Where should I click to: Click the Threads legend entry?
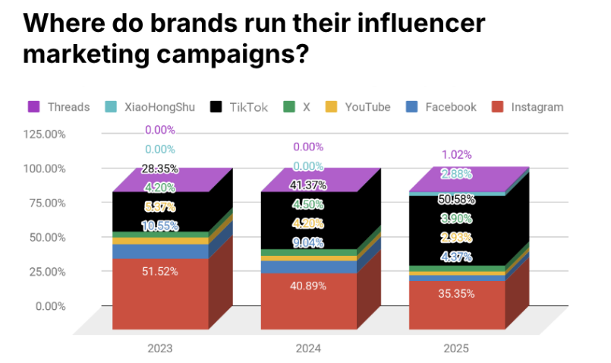pyautogui.click(x=58, y=107)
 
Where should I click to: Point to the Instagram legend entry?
pyautogui.click(x=528, y=107)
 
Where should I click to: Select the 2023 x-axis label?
pyautogui.click(x=160, y=349)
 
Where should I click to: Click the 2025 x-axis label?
pyautogui.click(x=456, y=349)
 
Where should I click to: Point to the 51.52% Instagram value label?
pyautogui.click(x=160, y=271)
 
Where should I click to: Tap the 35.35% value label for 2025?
pyautogui.click(x=456, y=293)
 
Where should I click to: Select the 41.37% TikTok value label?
pyautogui.click(x=308, y=185)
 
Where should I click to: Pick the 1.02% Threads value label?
pyautogui.click(x=456, y=155)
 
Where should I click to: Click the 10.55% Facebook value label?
pyautogui.click(x=160, y=226)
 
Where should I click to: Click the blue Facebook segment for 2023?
pyautogui.click(x=160, y=251)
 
